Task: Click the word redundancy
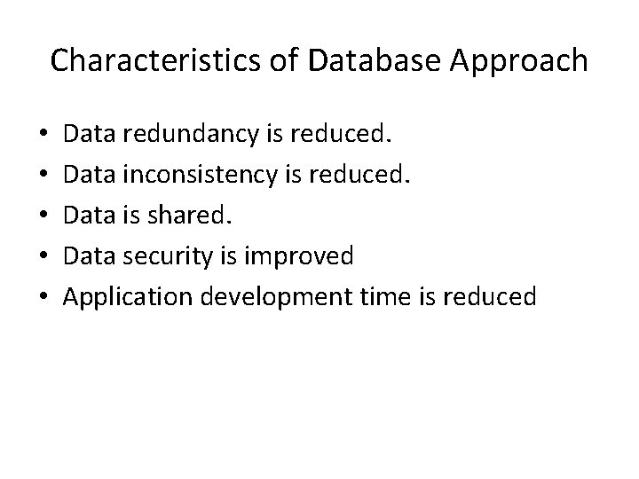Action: (186, 136)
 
